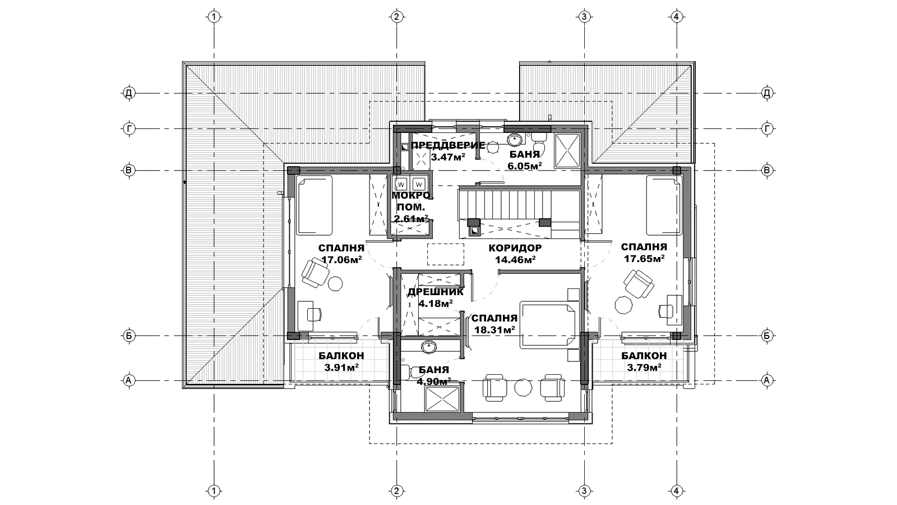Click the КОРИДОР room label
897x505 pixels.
[x=515, y=248]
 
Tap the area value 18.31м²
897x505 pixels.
[x=494, y=330]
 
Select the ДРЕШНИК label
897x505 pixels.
[x=436, y=292]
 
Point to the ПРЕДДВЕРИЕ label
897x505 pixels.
[x=448, y=145]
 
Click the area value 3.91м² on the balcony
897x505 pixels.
[x=341, y=367]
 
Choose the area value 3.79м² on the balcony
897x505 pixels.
[x=644, y=367]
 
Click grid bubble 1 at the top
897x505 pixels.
[x=214, y=17]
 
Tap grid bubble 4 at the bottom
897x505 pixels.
[x=676, y=491]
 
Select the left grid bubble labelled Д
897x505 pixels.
[x=128, y=93]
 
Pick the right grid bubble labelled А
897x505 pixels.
[x=767, y=380]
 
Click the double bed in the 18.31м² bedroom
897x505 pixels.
[x=549, y=325]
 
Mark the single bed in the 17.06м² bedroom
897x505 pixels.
[x=315, y=205]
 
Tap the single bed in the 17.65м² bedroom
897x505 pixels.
[x=664, y=205]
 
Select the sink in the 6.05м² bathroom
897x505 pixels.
[x=515, y=140]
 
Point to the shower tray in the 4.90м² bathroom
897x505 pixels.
[x=442, y=399]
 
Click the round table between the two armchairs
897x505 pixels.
[x=524, y=388]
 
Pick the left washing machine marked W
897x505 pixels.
[x=401, y=185]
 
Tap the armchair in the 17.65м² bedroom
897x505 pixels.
[x=639, y=284]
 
